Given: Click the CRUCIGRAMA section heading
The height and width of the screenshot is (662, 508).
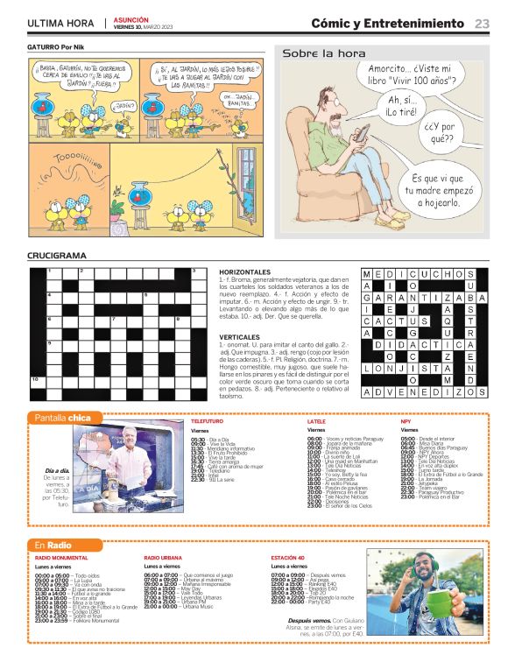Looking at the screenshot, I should pos(57,256).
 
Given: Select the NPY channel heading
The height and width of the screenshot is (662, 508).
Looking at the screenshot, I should pos(406,422).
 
